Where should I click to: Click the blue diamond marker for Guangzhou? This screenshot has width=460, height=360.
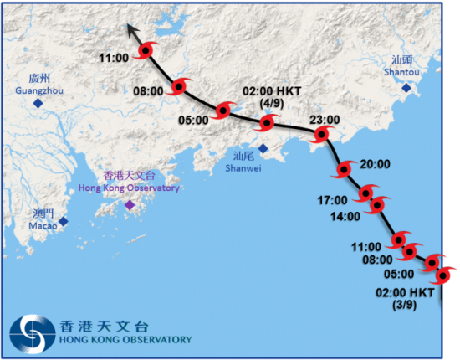tap(37, 103)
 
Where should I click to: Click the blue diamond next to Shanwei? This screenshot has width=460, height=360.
tap(263, 148)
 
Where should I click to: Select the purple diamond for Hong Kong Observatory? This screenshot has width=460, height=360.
tap(129, 205)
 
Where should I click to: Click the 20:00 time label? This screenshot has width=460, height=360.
tap(374, 165)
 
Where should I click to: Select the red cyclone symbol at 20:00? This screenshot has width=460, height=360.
tap(342, 171)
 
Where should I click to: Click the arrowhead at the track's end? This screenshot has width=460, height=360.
tap(130, 29)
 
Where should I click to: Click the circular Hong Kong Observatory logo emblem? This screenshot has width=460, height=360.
tap(31, 332)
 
